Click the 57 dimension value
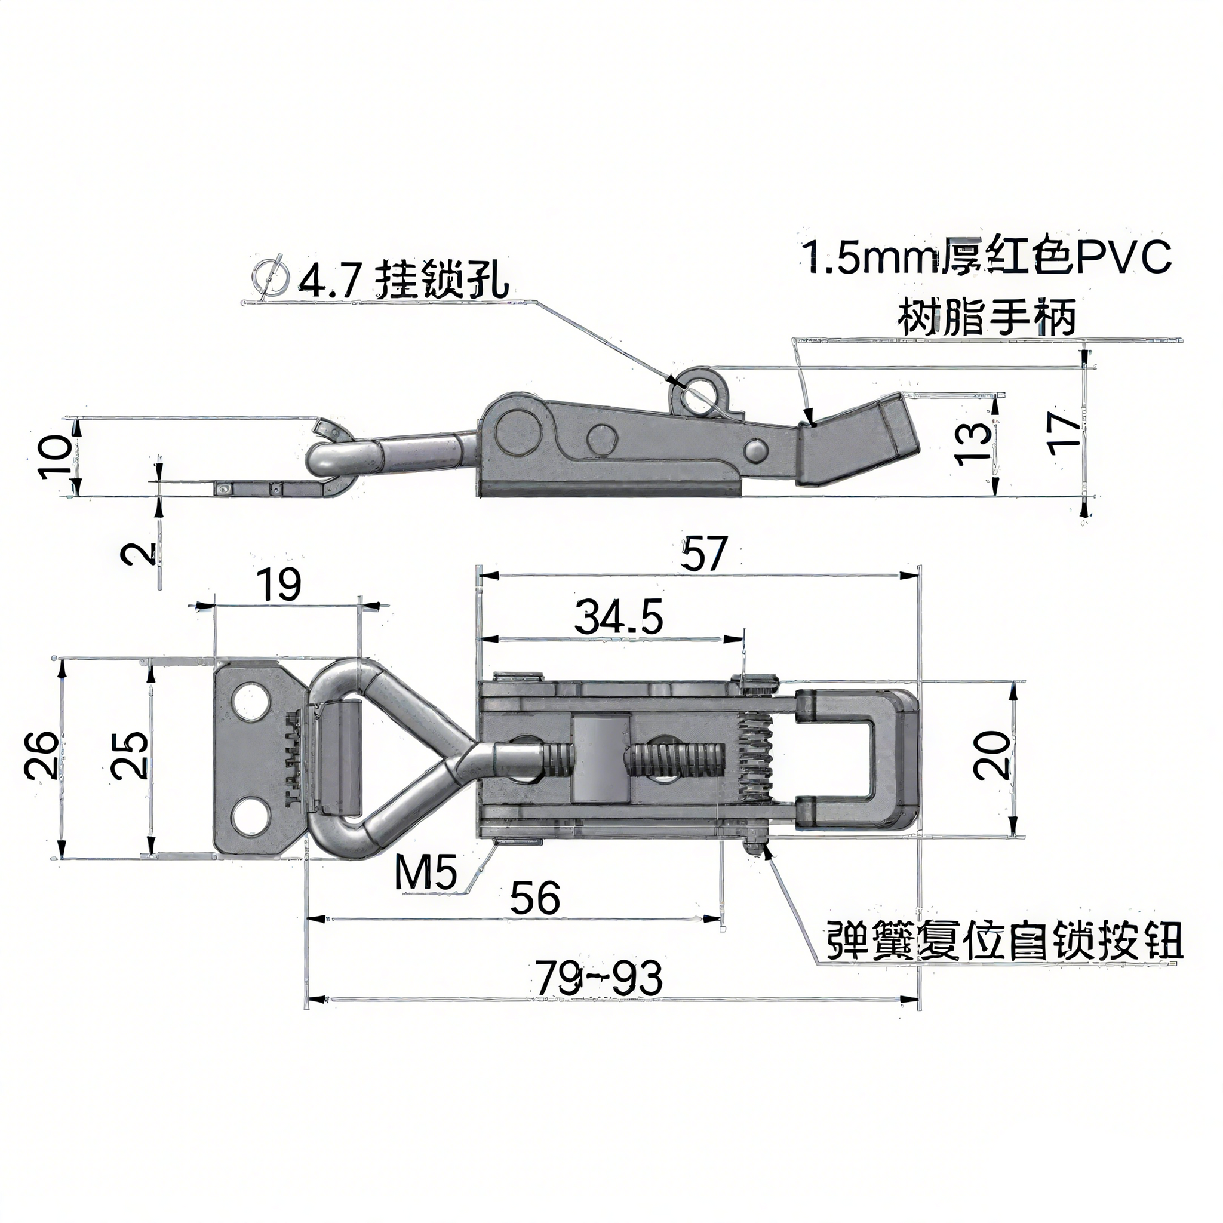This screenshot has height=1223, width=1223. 705,552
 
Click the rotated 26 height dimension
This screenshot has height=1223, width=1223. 42,755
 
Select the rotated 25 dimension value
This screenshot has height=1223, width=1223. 129,755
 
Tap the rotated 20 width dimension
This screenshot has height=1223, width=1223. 991,755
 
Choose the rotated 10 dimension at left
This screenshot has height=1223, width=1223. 57,456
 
